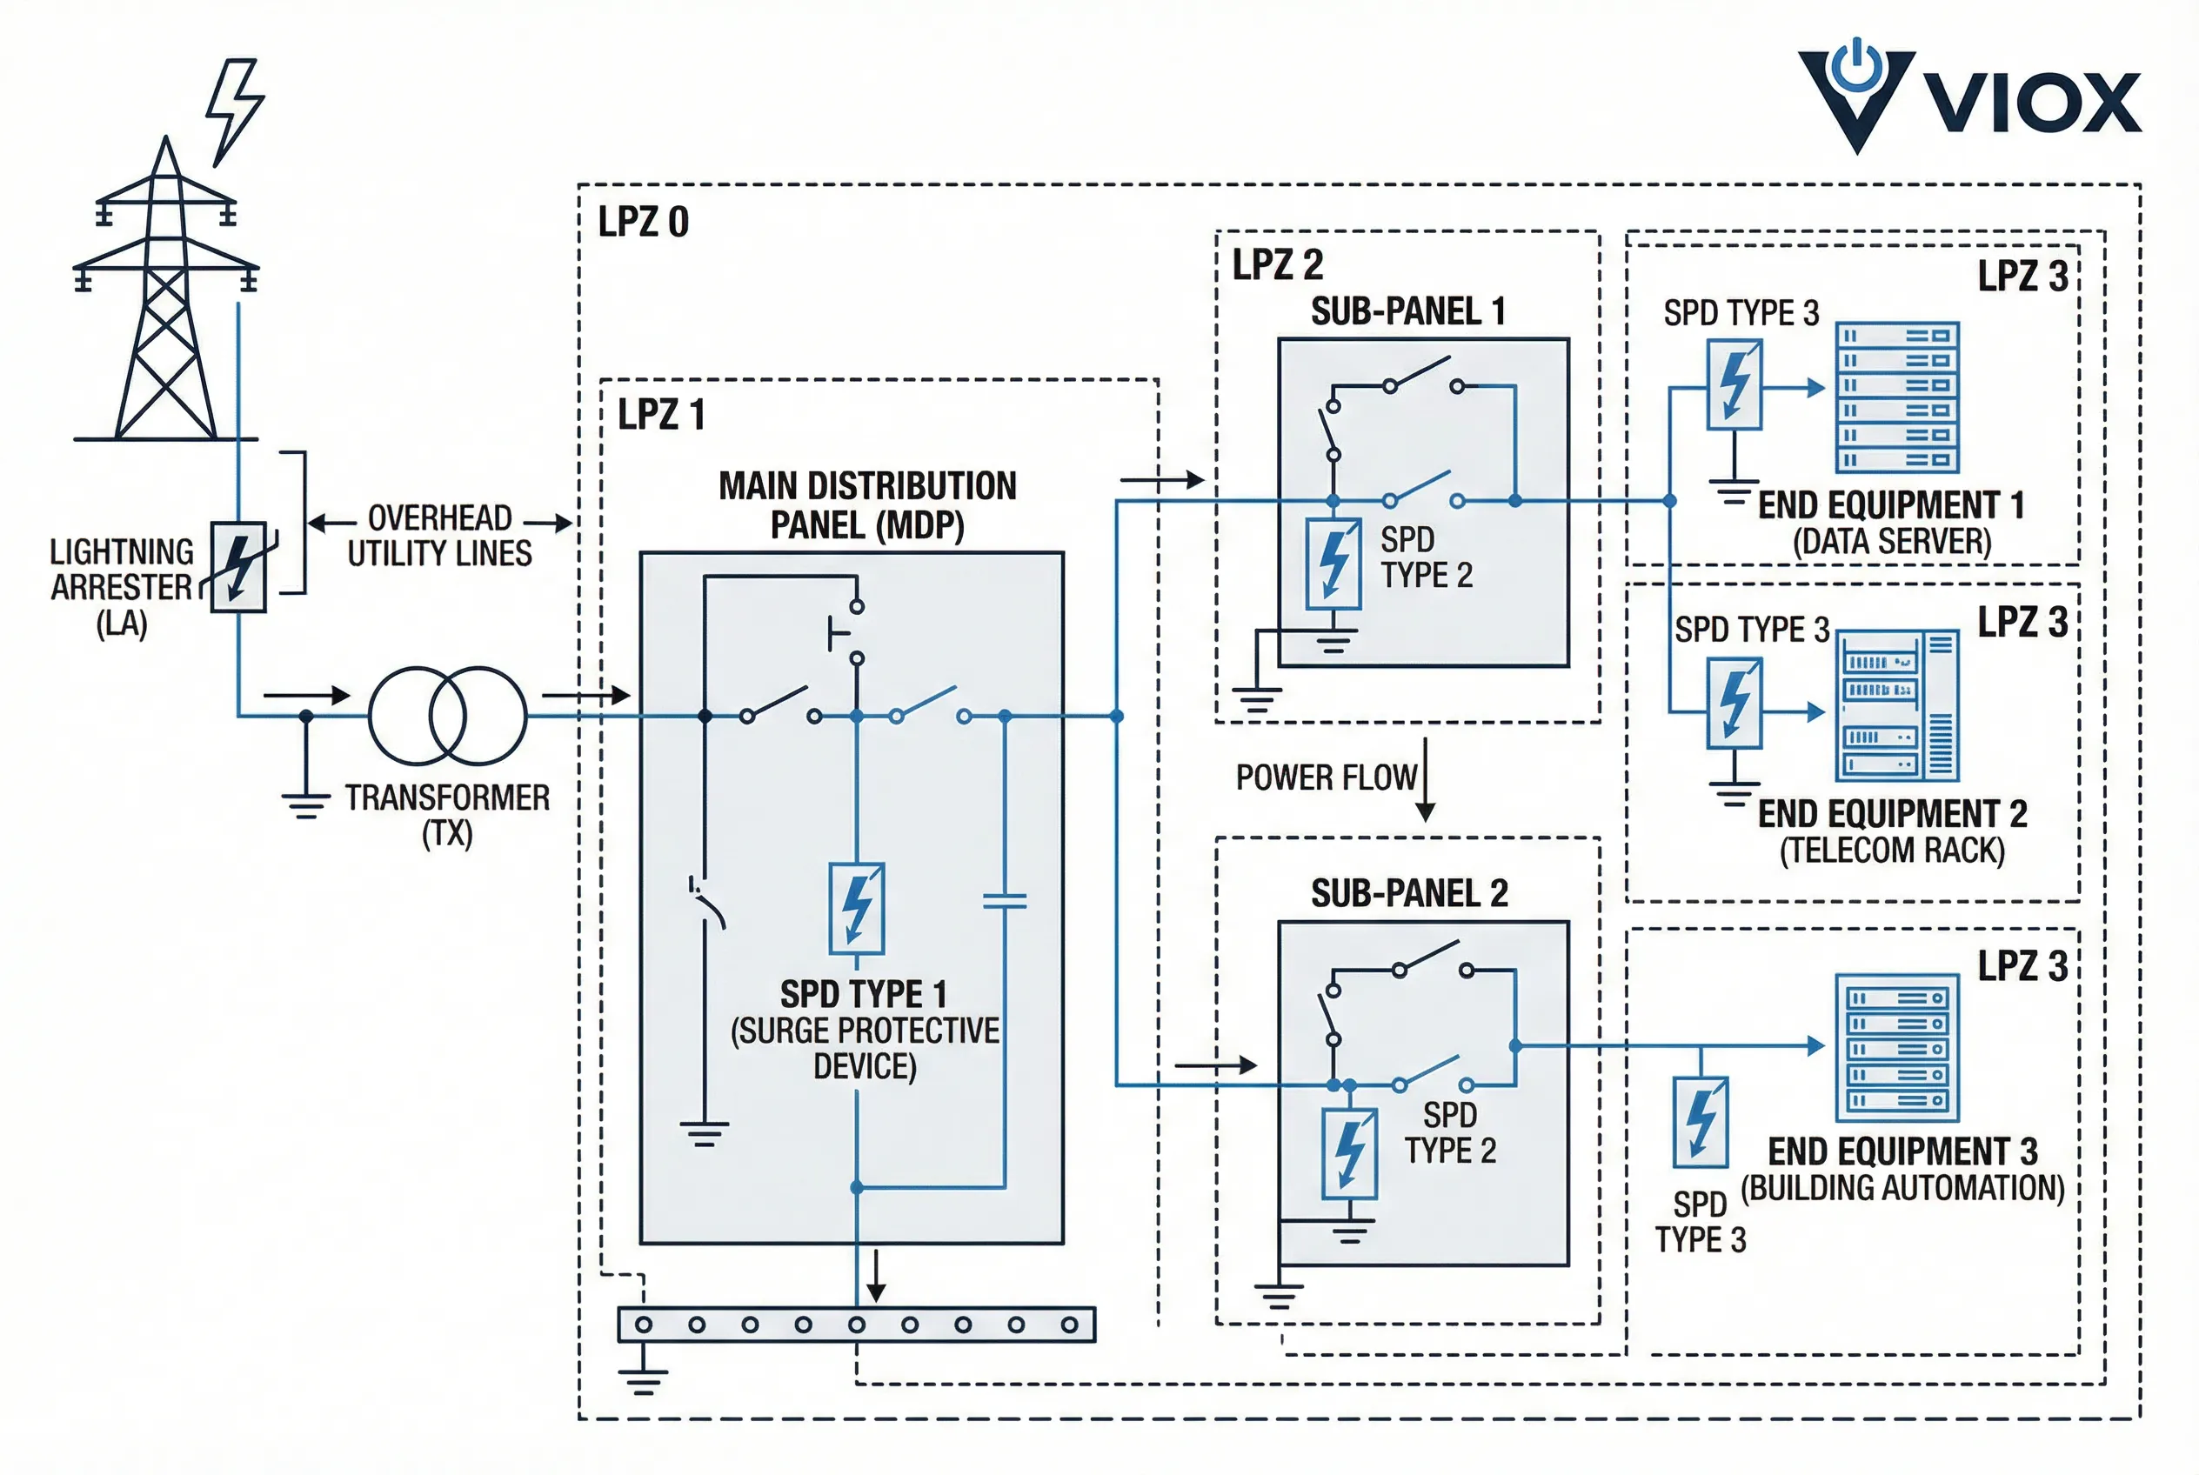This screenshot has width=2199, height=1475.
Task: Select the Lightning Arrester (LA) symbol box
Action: click(x=238, y=567)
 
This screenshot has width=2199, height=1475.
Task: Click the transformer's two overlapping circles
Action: click(x=447, y=716)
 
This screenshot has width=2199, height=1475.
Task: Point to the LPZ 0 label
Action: click(x=644, y=222)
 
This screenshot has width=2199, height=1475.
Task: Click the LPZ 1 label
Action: click(x=660, y=415)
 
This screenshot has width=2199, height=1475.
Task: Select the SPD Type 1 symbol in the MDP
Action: click(x=856, y=909)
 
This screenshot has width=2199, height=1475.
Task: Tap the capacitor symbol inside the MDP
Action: click(x=1004, y=901)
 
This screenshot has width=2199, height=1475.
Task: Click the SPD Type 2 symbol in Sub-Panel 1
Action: click(x=1333, y=564)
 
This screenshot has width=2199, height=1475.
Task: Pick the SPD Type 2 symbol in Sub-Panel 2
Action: click(x=1349, y=1152)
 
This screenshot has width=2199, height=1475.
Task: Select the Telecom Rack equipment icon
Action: click(x=1897, y=705)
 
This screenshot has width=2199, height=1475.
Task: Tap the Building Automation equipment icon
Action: click(x=1897, y=1048)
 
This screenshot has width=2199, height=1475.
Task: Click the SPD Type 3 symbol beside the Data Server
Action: click(x=1734, y=384)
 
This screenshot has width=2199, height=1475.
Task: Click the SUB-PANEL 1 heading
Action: click(x=1407, y=311)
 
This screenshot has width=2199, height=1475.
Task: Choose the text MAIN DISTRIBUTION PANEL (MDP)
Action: click(x=866, y=506)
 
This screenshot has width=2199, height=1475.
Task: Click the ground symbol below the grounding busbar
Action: click(x=644, y=1379)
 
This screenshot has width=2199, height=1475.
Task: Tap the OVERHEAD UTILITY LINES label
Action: click(x=439, y=535)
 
